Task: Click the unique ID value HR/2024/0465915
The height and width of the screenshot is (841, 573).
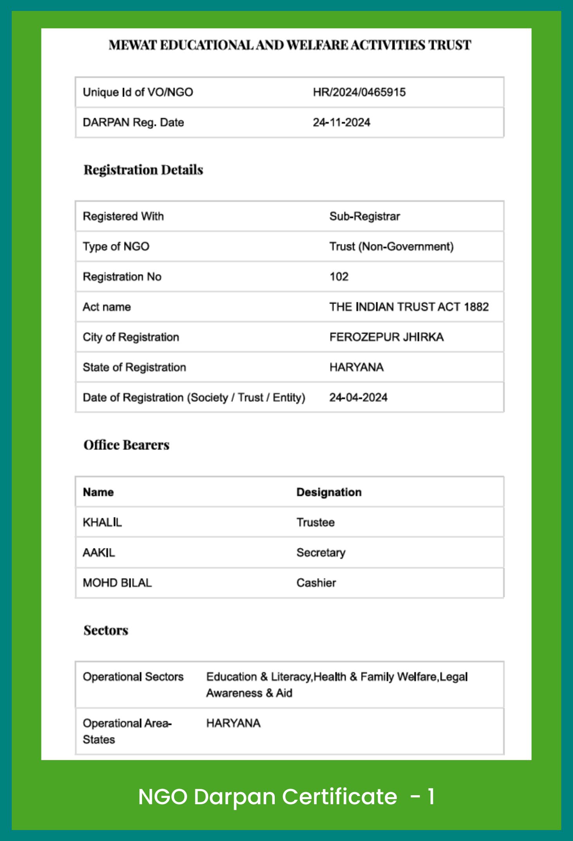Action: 359,92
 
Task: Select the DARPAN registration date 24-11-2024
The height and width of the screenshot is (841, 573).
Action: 341,122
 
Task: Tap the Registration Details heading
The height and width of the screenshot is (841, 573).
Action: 143,170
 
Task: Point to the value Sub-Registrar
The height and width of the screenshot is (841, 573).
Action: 364,216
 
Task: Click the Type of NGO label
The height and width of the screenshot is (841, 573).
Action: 116,246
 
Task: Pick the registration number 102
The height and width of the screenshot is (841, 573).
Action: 339,277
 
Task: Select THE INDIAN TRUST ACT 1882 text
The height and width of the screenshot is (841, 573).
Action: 409,307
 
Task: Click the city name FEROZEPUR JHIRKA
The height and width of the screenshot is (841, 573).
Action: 386,337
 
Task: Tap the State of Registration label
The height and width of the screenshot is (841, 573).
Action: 134,367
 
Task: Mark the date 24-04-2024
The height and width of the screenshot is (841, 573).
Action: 358,397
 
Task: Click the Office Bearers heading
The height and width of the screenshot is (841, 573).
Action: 126,445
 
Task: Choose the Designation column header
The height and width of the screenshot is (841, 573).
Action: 329,492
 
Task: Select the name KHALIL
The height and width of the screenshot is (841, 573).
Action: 102,522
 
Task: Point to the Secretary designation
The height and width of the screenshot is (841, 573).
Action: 321,552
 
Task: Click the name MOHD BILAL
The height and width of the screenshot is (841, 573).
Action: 117,583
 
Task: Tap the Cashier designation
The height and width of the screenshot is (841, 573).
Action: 316,583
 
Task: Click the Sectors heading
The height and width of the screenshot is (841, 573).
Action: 106,631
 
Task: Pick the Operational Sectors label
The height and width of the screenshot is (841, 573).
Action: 133,677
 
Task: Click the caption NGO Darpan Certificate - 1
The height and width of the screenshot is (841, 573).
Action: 286,796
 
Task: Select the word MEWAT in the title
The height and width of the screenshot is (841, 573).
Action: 133,45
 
